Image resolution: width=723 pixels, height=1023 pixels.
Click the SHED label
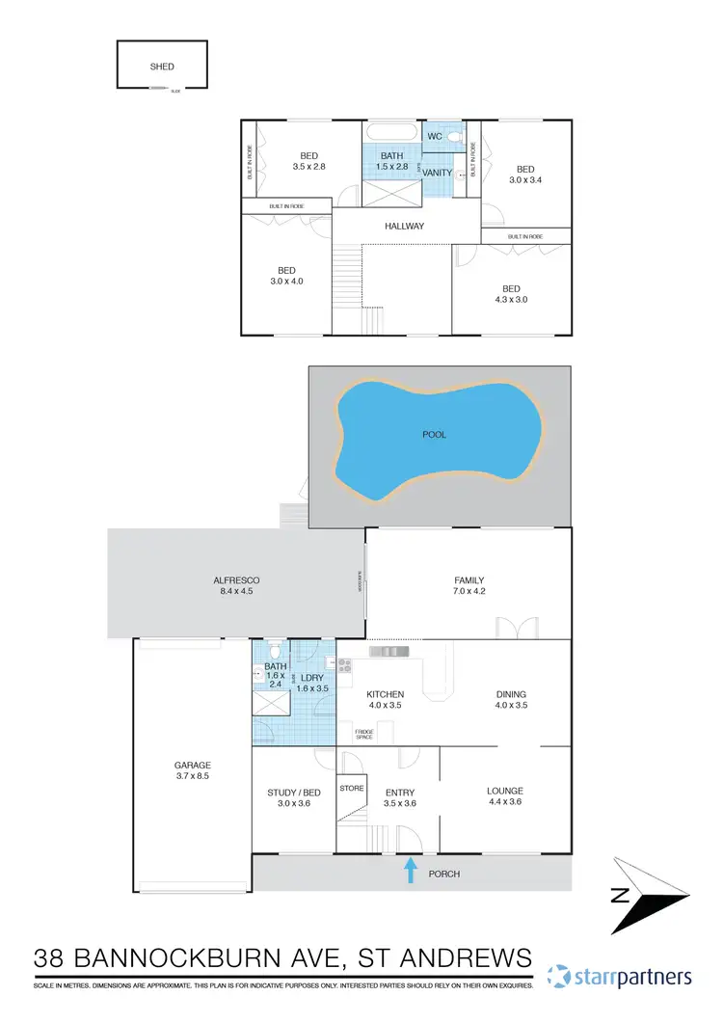click(162, 67)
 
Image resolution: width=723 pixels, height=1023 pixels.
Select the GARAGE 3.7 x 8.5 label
click(192, 769)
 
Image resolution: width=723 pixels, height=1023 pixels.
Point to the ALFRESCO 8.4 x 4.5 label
click(236, 586)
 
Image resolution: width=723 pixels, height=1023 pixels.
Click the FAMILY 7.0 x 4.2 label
click(469, 586)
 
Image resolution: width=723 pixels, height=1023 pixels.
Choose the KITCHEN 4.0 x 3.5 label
click(385, 699)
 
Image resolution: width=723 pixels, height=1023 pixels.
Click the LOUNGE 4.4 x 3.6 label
click(505, 796)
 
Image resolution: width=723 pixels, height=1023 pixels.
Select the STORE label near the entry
click(351, 788)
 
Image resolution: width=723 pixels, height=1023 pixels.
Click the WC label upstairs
click(435, 137)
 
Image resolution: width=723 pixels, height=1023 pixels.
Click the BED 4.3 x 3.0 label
click(511, 294)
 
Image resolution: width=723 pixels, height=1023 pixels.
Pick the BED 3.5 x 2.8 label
click(308, 161)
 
